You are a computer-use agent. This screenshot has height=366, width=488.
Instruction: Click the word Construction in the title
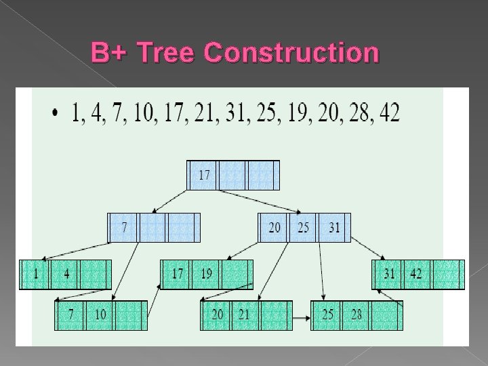click(291, 52)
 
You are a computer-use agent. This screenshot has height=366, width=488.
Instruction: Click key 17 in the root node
click(204, 175)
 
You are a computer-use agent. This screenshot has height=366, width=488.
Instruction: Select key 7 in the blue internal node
click(124, 227)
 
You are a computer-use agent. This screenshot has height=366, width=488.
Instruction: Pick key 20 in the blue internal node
click(274, 228)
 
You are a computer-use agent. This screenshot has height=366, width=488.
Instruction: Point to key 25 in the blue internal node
click(303, 228)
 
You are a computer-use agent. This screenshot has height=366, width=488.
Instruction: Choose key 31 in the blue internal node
click(333, 228)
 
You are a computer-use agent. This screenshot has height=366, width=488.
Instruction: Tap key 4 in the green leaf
click(66, 274)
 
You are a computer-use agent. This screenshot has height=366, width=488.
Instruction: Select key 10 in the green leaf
click(100, 315)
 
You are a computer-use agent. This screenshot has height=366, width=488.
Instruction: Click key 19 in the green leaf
click(206, 274)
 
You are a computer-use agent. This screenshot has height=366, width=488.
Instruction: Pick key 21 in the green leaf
click(245, 315)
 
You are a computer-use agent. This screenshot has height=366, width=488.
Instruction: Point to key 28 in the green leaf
click(357, 315)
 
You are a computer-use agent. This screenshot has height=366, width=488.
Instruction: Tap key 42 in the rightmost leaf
click(416, 274)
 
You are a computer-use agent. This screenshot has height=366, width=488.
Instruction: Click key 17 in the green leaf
click(177, 274)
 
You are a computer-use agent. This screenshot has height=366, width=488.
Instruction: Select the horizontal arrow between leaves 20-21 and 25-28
click(301, 317)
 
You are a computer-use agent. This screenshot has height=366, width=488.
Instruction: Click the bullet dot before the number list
click(55, 113)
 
